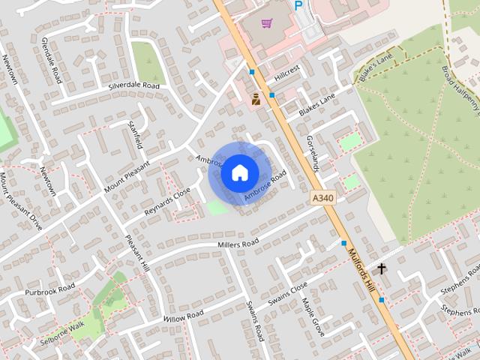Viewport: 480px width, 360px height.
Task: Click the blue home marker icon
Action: click(x=239, y=172)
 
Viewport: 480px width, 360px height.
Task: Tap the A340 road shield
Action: click(x=321, y=197)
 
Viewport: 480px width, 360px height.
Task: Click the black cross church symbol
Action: click(x=381, y=268)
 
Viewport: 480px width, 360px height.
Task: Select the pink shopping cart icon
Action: click(x=266, y=23)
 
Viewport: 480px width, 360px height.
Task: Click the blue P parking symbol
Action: click(x=298, y=6)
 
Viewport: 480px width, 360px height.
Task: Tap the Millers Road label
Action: click(x=238, y=244)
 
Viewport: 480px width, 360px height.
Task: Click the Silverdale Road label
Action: click(x=134, y=86)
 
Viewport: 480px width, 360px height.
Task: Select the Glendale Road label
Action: click(x=52, y=59)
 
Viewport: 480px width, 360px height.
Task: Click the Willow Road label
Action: click(x=183, y=315)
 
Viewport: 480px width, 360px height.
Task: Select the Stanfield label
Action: click(x=135, y=134)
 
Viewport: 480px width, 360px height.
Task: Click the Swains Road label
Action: click(x=255, y=321)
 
